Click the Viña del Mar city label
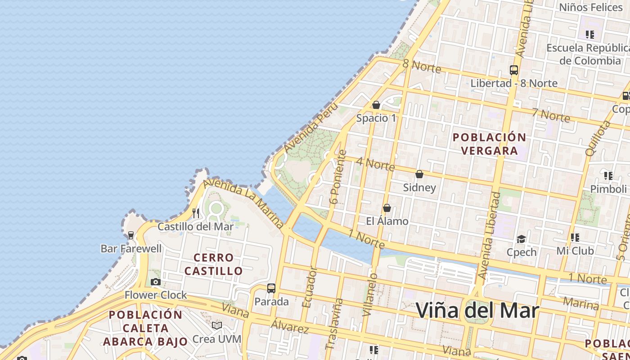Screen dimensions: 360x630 [x=477, y=310]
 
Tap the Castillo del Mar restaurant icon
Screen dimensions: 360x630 [x=196, y=213]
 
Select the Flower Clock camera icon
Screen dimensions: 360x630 [x=156, y=282]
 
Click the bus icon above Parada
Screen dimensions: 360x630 [x=271, y=288]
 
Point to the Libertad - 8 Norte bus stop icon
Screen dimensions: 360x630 [x=514, y=70]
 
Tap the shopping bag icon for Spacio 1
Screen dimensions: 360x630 [x=376, y=105]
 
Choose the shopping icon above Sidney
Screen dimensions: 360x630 [x=419, y=174]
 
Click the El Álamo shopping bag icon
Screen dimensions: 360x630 [x=387, y=208]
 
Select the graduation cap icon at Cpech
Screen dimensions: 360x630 [x=522, y=239]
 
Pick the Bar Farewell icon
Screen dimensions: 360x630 [x=131, y=235]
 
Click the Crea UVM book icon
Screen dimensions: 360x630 [x=217, y=325]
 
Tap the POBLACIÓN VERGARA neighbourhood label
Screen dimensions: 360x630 [x=489, y=144]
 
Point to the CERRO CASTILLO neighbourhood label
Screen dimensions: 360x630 [x=213, y=264]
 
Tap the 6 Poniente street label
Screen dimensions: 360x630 [x=338, y=177]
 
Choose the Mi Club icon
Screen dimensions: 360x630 [x=575, y=237]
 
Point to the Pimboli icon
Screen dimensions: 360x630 [x=608, y=175]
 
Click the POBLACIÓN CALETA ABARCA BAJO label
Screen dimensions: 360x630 [x=145, y=328]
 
